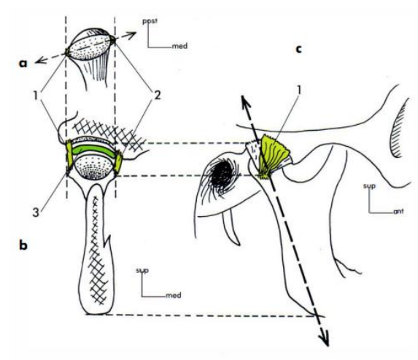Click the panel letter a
pos(23,64)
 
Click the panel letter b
pos(23,245)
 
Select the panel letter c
pos(299,49)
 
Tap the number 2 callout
pos(158,95)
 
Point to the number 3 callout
pos(36,212)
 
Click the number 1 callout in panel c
pos(299,90)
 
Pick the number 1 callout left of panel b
pos(36,95)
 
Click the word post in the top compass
pos(150,21)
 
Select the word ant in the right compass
pos(398,212)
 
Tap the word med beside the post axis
pos(179,46)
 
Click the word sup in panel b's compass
pos(142,271)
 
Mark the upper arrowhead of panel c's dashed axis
pos(245,102)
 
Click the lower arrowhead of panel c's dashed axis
pos(324,339)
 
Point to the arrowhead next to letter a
pos(40,61)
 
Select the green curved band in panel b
pos(93,150)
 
